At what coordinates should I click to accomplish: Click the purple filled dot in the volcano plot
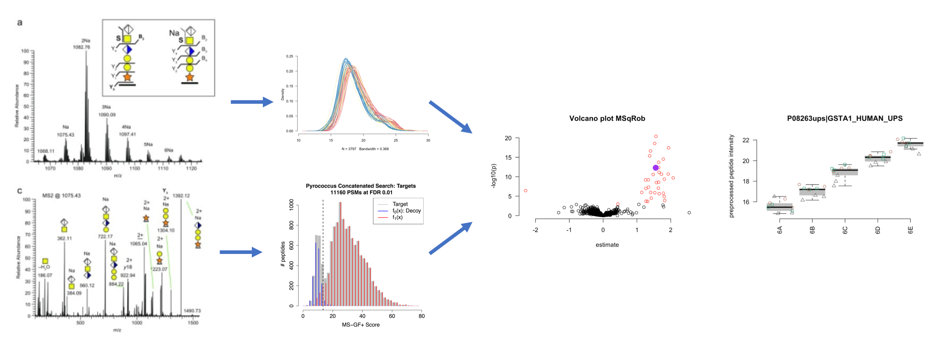[x=655, y=167]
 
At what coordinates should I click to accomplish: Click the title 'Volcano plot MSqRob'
[x=607, y=119]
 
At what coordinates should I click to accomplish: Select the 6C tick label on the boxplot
[x=845, y=230]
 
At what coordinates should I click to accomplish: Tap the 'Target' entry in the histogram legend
[x=400, y=204]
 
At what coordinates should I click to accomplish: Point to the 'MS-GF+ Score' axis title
[x=360, y=325]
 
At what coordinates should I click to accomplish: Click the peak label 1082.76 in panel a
[x=81, y=47]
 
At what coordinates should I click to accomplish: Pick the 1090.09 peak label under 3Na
[x=107, y=114]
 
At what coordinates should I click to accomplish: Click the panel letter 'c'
[x=20, y=191]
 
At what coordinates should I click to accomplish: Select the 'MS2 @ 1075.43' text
[x=61, y=196]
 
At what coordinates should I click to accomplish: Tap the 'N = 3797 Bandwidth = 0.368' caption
[x=365, y=149]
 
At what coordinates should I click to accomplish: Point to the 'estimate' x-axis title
[x=607, y=245]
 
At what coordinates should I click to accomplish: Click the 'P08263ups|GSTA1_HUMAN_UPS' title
[x=845, y=119]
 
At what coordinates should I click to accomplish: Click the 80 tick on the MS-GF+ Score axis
[x=421, y=316]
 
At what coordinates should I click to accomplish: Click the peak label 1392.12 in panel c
[x=181, y=196]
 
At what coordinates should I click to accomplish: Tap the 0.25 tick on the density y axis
[x=290, y=56]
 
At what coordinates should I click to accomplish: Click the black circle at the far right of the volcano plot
[x=689, y=213]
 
